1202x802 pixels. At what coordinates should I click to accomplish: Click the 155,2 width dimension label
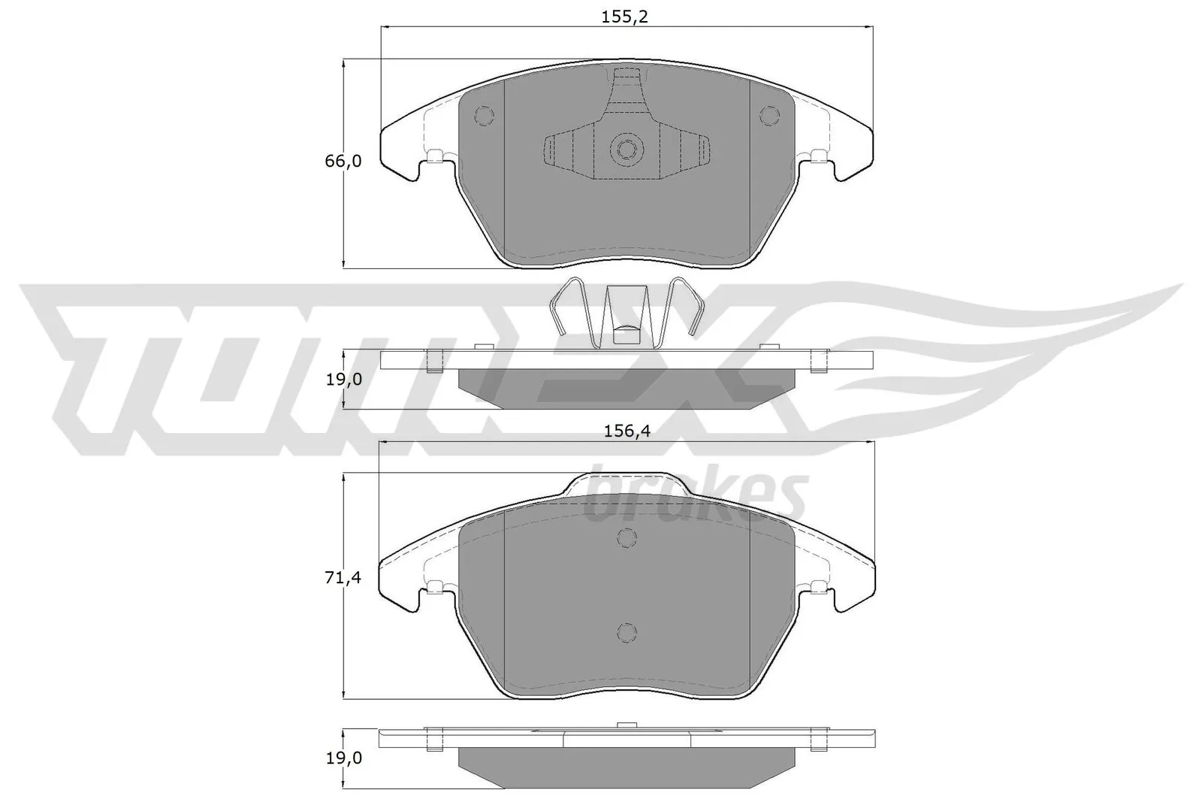pos(625,17)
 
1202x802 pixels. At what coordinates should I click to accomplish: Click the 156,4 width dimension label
pos(626,431)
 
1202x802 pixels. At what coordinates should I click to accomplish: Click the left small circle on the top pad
pos(485,115)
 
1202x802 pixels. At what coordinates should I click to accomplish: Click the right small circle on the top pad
pos(769,115)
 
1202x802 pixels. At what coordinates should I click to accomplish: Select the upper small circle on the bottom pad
pos(627,537)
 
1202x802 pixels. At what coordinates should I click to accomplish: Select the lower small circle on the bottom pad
pos(627,633)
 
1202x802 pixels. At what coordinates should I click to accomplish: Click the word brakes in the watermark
pos(695,496)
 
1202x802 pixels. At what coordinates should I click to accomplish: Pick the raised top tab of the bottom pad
pos(626,483)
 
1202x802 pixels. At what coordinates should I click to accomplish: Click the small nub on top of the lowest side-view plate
pos(625,725)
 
